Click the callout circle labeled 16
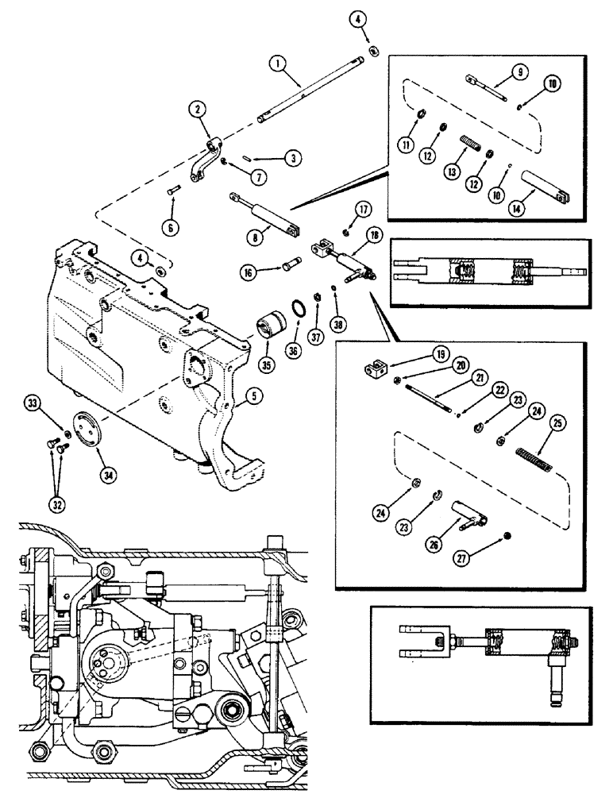[249, 272]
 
